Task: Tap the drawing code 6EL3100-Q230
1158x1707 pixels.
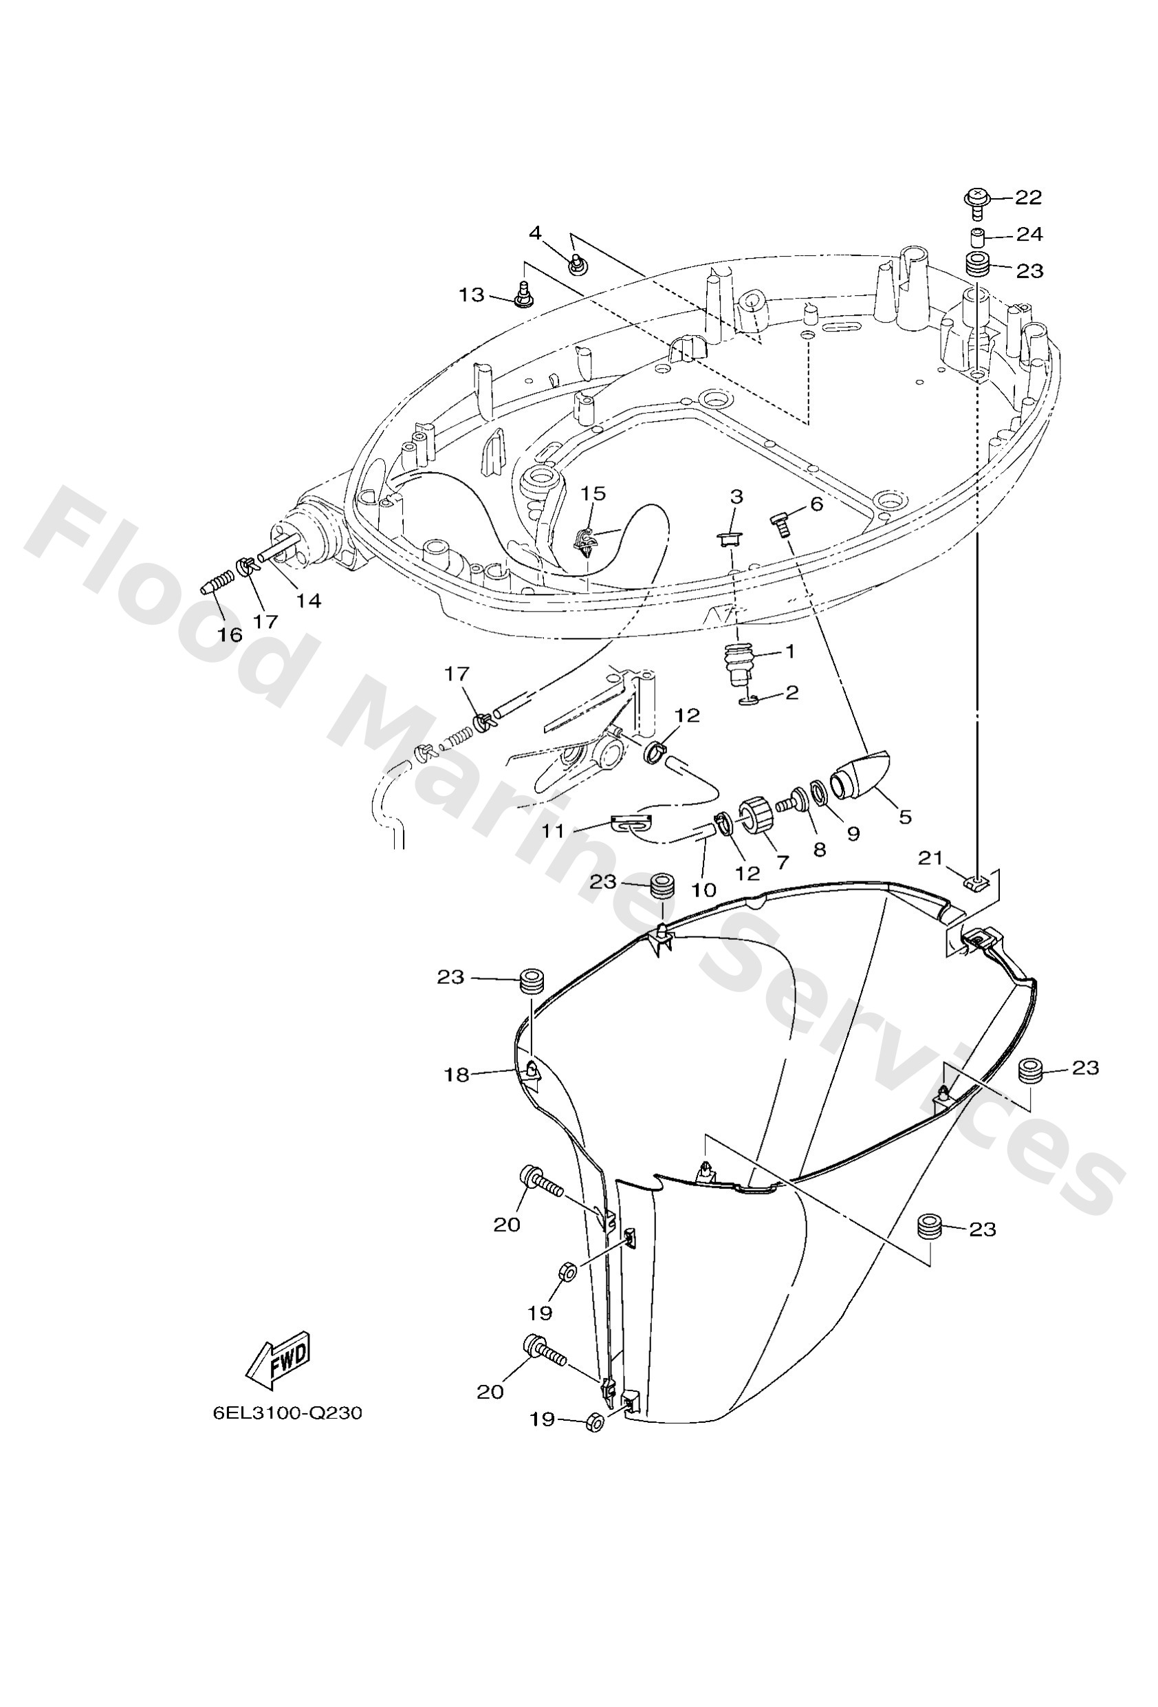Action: [x=288, y=1413]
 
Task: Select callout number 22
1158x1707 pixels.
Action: [x=1029, y=197]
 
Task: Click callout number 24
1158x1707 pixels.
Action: [x=1029, y=235]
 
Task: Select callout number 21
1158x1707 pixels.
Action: [x=930, y=857]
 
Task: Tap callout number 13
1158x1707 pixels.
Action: [x=472, y=294]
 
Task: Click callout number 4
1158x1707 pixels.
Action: [x=534, y=233]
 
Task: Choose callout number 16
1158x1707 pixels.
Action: [x=230, y=634]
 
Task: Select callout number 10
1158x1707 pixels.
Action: [x=703, y=890]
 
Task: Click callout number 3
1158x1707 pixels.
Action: [x=736, y=497]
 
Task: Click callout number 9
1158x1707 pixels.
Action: [x=853, y=833]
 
